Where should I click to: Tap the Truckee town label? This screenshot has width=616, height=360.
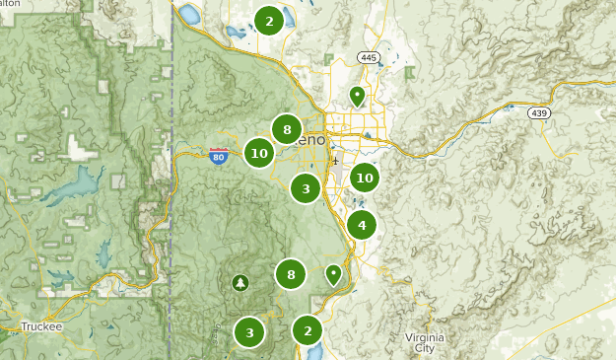41,327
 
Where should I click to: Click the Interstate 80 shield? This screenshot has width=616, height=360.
219,155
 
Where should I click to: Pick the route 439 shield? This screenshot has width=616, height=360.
538,113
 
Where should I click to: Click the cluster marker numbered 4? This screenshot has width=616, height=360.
362,226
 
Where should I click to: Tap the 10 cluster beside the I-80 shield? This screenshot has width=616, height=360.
259,153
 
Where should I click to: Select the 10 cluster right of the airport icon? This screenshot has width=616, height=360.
365,178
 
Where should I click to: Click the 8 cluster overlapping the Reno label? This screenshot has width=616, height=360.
287,129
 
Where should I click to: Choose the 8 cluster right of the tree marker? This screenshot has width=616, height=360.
290,274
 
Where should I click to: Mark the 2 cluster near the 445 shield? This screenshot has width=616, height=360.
269,20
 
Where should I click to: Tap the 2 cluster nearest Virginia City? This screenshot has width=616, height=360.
308,330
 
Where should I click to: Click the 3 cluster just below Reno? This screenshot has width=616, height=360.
306,188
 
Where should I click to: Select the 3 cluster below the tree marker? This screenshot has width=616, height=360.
249,332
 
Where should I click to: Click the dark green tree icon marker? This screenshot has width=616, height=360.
240,283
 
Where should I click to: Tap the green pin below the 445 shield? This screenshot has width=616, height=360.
357,96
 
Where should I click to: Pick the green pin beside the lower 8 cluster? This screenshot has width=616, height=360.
334,274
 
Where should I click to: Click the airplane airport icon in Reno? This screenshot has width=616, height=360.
336,160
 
